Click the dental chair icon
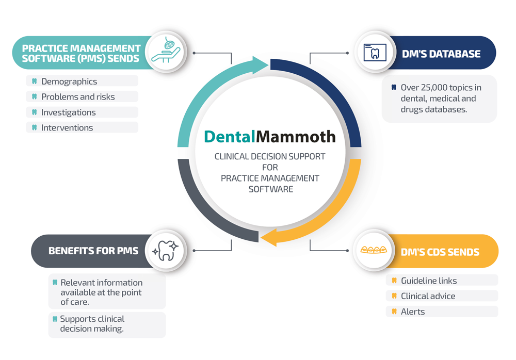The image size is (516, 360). pos(166,50)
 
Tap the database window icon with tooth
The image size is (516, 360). pos(375,52)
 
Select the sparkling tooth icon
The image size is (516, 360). pos(166,251)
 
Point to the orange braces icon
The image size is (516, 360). pos(374,250)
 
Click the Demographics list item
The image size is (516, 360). pos(69,81)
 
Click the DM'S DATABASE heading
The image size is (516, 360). pos(441,54)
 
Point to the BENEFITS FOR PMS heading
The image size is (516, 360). pos(93,251)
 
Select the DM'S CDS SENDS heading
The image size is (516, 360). pos(440,252)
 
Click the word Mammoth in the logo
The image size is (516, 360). pos(296,137)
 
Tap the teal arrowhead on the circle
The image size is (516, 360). pos(260,65)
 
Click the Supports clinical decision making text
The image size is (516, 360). pos(92,324)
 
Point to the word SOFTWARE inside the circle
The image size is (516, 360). pos(271,189)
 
